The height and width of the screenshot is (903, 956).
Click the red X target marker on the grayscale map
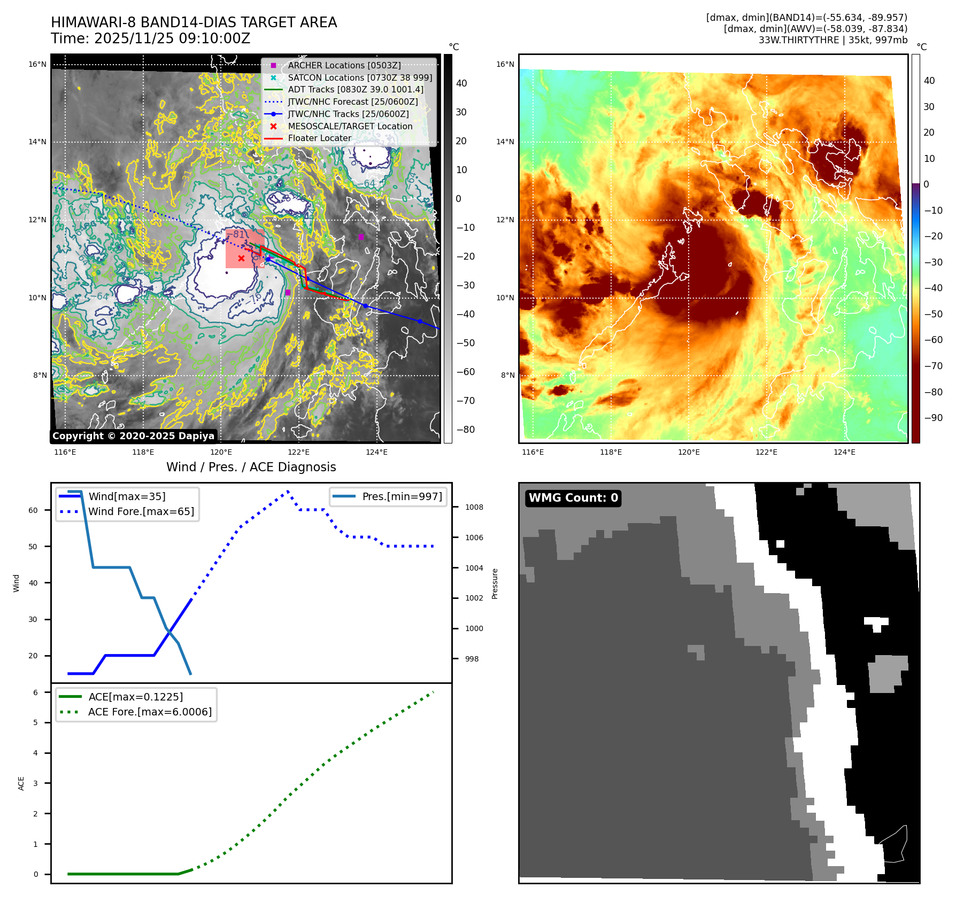241,259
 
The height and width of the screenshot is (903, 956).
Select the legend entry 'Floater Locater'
319,138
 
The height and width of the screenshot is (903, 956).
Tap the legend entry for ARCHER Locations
344,65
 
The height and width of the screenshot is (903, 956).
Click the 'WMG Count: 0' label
573,498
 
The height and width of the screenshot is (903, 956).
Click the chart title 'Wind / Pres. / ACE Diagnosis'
251,467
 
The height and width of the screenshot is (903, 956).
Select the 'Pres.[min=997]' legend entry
402,496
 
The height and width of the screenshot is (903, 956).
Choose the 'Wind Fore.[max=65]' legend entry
141,511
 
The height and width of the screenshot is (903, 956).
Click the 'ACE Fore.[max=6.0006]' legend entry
150,712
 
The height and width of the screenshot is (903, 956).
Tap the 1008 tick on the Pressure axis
474,507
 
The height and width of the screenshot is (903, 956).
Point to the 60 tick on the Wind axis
33,510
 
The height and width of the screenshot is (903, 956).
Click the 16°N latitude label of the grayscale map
37,65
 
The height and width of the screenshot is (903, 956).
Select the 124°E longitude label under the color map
844,452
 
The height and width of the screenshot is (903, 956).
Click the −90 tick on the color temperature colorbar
933,418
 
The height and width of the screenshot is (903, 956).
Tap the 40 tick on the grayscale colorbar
461,83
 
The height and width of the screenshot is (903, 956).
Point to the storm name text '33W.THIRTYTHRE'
798,40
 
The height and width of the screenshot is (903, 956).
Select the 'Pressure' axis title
495,583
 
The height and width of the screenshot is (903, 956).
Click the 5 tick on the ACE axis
36,722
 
